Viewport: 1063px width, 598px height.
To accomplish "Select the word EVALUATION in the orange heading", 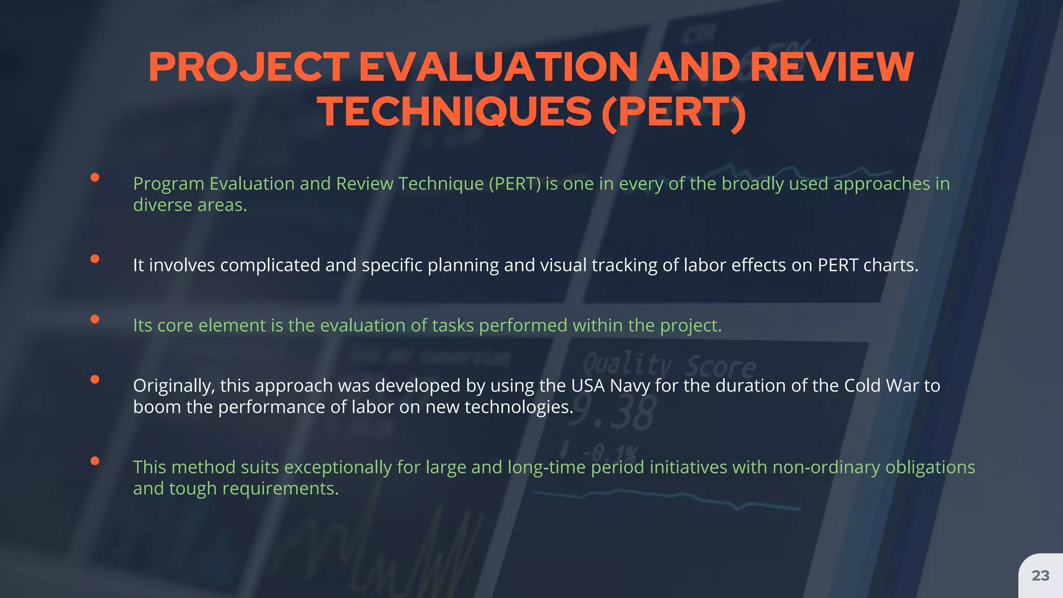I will (x=498, y=67).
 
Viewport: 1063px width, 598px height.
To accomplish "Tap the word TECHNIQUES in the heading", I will (x=455, y=113).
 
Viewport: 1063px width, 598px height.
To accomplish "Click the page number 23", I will (x=1040, y=576).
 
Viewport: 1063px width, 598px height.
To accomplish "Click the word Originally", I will (x=173, y=386).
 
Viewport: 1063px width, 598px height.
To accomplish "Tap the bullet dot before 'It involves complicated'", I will (x=94, y=259).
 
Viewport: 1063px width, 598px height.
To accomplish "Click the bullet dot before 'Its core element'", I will (x=94, y=319).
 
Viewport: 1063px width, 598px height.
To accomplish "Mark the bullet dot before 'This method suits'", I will (x=94, y=460).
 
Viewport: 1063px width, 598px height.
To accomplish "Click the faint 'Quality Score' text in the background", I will (x=670, y=366).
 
